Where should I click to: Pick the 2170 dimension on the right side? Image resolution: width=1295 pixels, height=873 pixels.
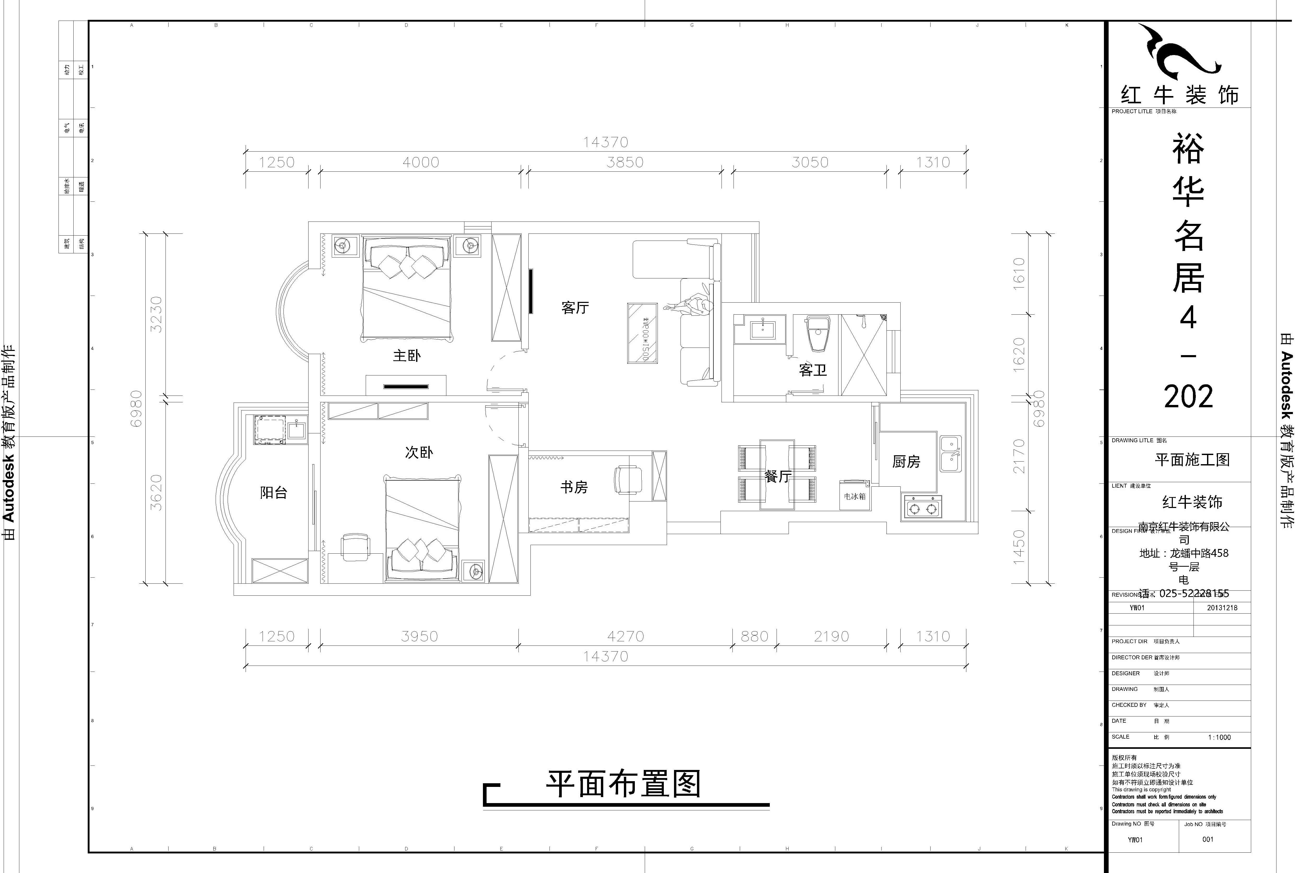[1019, 457]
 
